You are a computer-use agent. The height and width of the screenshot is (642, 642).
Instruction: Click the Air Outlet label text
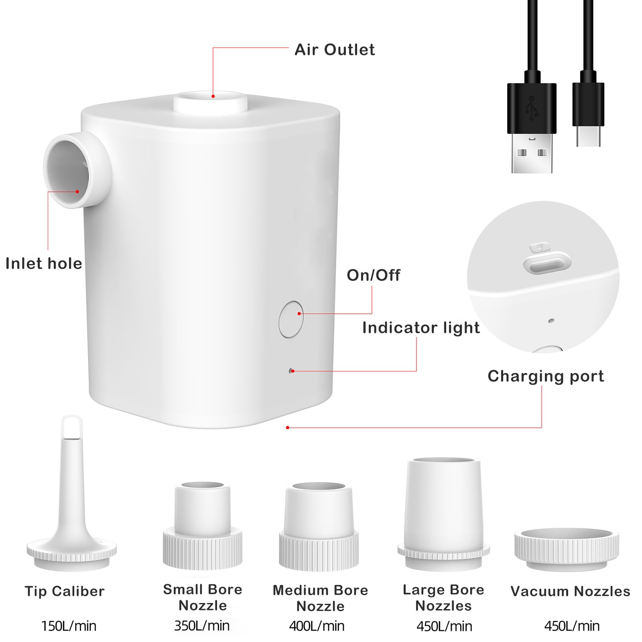[335, 50]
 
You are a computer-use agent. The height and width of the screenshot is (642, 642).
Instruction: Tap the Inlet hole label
[44, 264]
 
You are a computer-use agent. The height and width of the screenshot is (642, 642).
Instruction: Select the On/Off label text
[373, 275]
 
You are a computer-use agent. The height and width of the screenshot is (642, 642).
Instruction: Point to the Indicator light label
[421, 328]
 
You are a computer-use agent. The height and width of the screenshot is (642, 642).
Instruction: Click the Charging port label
[546, 376]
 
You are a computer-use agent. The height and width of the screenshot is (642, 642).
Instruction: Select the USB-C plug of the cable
[588, 116]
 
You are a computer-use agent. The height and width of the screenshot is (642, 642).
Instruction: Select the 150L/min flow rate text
[69, 626]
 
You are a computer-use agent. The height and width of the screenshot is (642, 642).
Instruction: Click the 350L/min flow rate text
[202, 626]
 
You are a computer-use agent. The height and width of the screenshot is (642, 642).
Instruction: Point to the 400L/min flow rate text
[317, 626]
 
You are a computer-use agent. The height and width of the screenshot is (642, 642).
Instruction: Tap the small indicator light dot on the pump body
[291, 371]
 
